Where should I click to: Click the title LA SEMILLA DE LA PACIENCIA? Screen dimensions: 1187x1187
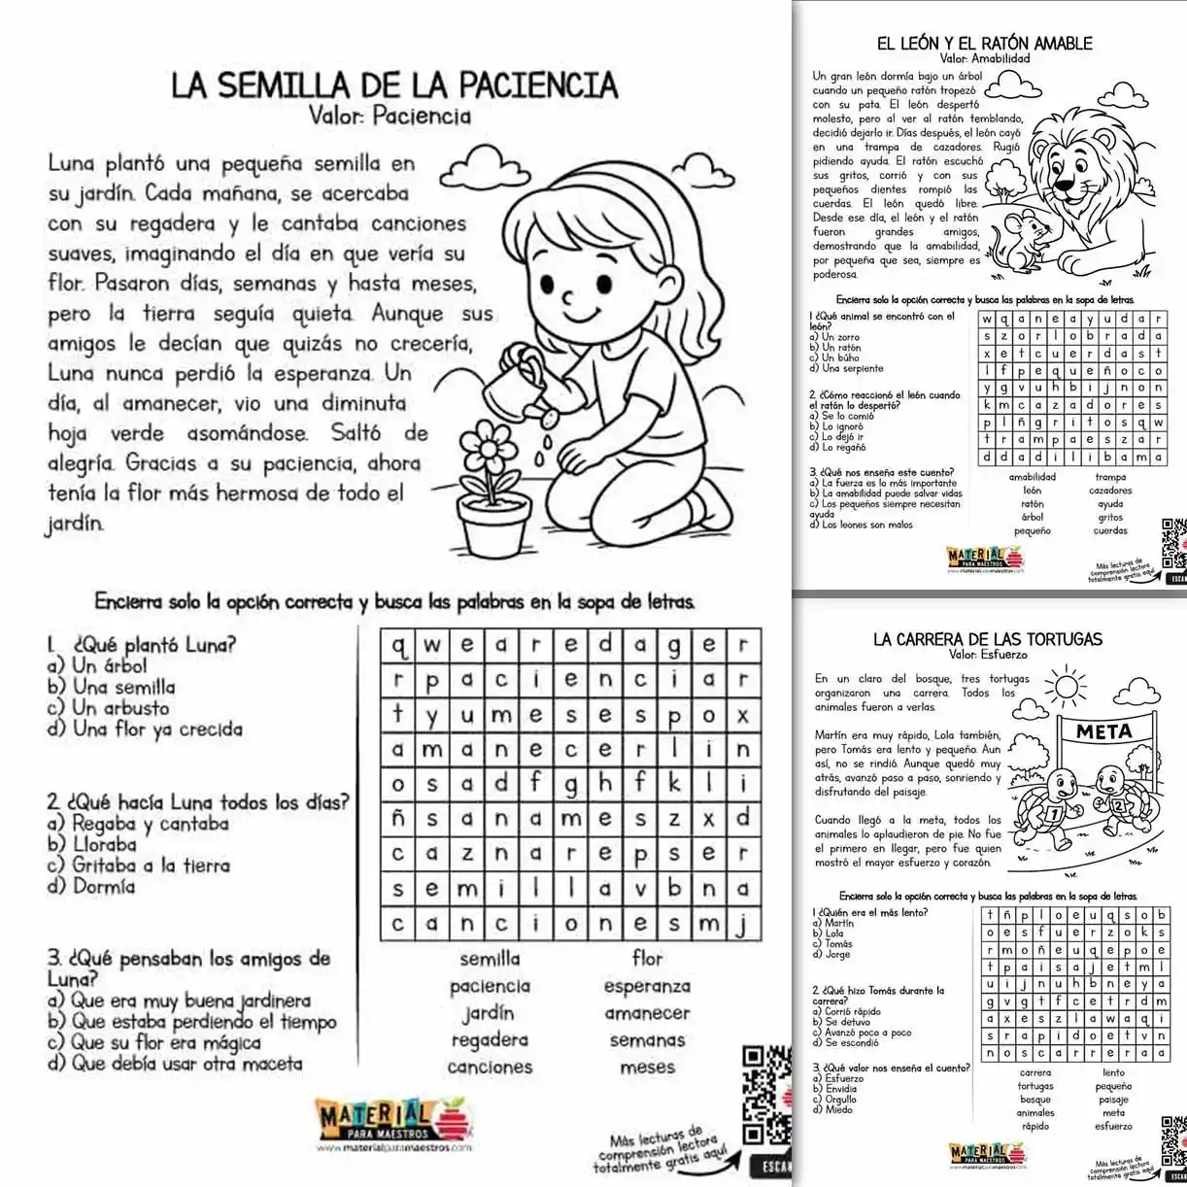tap(394, 85)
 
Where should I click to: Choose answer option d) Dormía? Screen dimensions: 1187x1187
tap(90, 887)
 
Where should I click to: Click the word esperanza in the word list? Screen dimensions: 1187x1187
tap(647, 986)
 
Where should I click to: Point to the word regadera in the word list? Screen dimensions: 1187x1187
tap(490, 1040)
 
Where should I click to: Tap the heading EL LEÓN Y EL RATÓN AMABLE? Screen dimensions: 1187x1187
tap(984, 43)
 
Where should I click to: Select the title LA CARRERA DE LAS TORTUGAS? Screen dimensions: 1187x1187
tap(987, 639)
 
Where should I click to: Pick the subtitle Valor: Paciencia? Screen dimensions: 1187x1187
tap(390, 117)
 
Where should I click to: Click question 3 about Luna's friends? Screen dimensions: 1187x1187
tap(188, 968)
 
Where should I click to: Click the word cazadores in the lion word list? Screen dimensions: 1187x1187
tap(1110, 491)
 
